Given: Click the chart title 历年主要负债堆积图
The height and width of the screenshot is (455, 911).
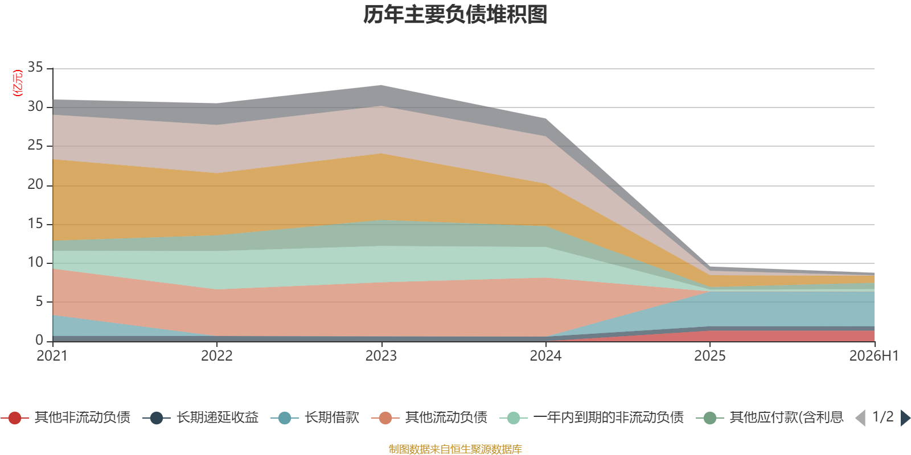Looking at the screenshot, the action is pyautogui.click(x=455, y=15).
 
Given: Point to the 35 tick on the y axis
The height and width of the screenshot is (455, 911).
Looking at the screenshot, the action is pyautogui.click(x=35, y=67).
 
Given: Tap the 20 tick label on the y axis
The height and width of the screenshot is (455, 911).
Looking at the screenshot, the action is pyautogui.click(x=35, y=184).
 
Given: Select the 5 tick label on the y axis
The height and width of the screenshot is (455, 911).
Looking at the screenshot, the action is pyautogui.click(x=39, y=301).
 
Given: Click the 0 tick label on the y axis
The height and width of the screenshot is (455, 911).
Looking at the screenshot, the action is pyautogui.click(x=39, y=340).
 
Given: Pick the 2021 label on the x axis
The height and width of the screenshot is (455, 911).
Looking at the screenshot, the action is pyautogui.click(x=52, y=356).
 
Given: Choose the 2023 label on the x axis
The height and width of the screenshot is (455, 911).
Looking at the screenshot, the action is pyautogui.click(x=381, y=356).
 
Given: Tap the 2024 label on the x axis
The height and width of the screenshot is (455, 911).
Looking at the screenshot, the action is pyautogui.click(x=545, y=356).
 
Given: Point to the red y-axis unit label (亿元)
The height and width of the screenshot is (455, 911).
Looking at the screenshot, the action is pyautogui.click(x=18, y=83).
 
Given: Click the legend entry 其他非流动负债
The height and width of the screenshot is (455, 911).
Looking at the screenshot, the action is pyautogui.click(x=65, y=417).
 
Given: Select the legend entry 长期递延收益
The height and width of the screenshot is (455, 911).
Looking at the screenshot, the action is pyautogui.click(x=200, y=417).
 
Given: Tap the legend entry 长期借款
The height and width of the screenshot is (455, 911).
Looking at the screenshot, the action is pyautogui.click(x=315, y=417).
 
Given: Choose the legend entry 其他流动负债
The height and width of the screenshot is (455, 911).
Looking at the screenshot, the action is pyautogui.click(x=429, y=417).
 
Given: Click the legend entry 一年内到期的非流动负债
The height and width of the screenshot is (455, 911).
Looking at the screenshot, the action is pyautogui.click(x=592, y=417).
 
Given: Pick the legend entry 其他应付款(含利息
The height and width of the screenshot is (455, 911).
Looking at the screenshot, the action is pyautogui.click(x=770, y=417).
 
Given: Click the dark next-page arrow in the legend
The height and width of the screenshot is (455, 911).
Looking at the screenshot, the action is pyautogui.click(x=905, y=417).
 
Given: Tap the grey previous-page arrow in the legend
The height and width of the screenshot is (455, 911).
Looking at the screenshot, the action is pyautogui.click(x=860, y=417).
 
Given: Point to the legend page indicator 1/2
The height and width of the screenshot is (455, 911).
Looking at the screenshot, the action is pyautogui.click(x=883, y=417).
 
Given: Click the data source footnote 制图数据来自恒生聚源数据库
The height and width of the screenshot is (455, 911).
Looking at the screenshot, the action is pyautogui.click(x=455, y=449).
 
